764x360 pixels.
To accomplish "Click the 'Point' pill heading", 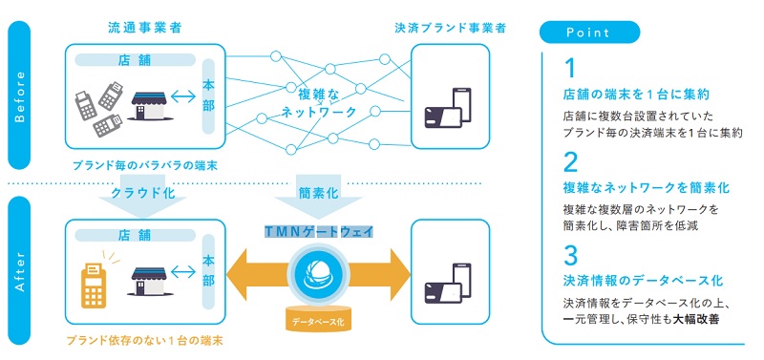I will [x=588, y=31].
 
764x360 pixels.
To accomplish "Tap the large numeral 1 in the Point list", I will [x=569, y=69].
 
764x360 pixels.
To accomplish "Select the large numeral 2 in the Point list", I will [x=570, y=159].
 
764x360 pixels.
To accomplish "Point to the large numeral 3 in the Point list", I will [x=570, y=254].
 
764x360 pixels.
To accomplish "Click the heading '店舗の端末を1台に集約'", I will [x=635, y=95].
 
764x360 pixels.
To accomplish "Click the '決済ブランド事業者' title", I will [x=450, y=29].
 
